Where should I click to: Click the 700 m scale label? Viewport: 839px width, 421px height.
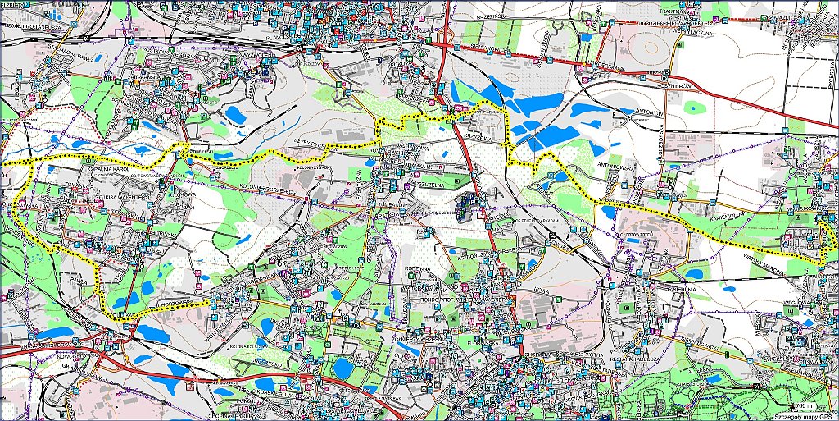[x=805, y=406]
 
